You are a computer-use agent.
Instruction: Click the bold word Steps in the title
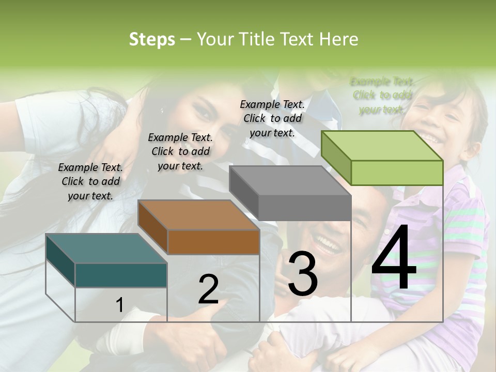click(152, 39)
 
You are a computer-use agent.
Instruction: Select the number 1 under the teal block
click(119, 305)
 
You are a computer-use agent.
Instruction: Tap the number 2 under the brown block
click(208, 290)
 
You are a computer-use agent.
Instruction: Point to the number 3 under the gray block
click(303, 273)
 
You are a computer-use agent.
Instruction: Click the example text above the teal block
click(90, 181)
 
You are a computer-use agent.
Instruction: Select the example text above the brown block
click(180, 151)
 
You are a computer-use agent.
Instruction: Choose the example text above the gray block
click(272, 118)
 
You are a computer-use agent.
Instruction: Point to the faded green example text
click(382, 95)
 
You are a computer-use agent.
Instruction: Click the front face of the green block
click(397, 173)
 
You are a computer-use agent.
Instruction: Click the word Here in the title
click(339, 39)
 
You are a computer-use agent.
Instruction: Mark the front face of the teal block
click(121, 275)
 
